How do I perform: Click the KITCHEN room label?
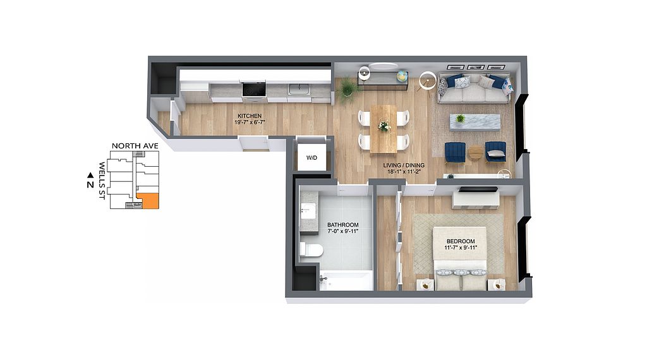[250, 116]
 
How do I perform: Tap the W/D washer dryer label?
[312, 157]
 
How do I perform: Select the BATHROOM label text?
[343, 225]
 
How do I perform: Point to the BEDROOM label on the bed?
[461, 241]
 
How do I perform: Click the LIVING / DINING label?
[404, 165]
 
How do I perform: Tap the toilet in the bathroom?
[310, 249]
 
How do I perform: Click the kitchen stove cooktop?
[254, 90]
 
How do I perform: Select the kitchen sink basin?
[299, 88]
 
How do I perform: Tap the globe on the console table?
[402, 76]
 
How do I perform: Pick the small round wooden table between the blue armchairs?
[475, 152]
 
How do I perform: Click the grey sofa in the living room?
[475, 88]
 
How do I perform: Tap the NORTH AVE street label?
[135, 145]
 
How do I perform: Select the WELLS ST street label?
[102, 181]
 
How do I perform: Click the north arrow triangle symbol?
[90, 174]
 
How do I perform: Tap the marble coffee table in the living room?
[475, 123]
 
